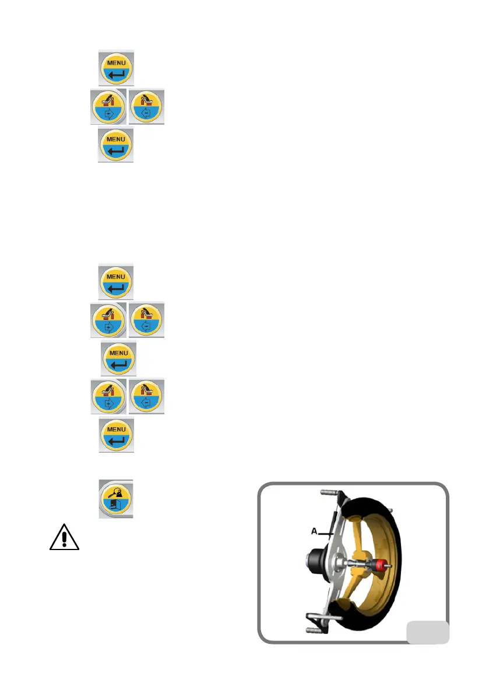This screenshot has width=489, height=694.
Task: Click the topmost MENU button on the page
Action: [x=116, y=68]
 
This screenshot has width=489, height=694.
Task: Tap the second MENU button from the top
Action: [x=115, y=145]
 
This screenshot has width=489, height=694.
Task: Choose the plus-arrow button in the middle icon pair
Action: [x=108, y=320]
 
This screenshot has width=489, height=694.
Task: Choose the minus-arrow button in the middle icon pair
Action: [x=146, y=320]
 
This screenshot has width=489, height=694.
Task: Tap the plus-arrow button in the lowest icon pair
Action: [x=108, y=396]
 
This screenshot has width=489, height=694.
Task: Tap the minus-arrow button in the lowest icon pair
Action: [x=146, y=396]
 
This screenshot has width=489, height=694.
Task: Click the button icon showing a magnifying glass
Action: [x=116, y=499]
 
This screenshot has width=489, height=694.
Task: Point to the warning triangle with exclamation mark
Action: [x=64, y=536]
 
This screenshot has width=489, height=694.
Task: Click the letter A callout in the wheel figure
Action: [x=313, y=531]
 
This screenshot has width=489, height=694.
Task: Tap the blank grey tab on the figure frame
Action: [x=427, y=632]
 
